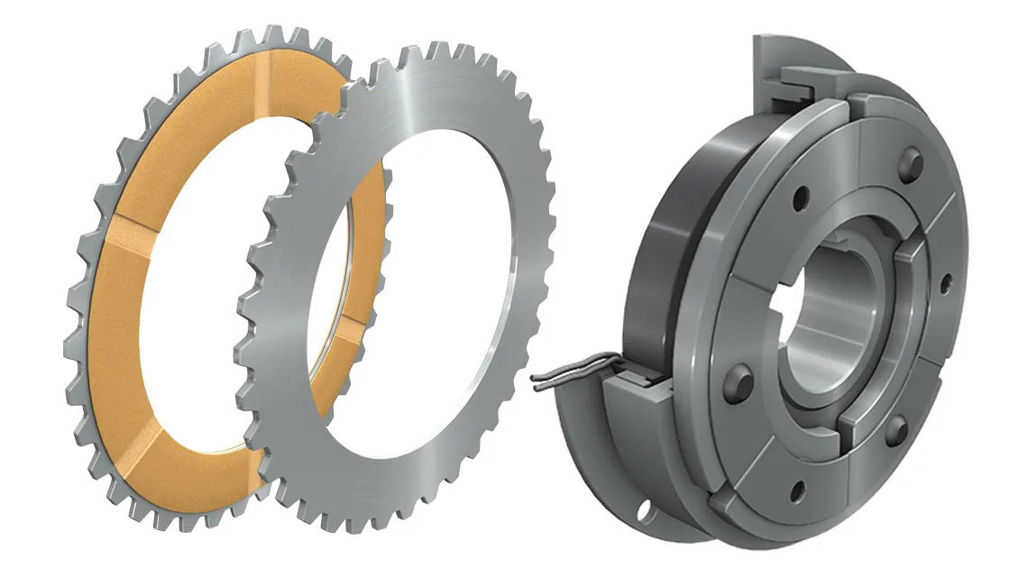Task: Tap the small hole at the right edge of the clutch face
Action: [x=946, y=288]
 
